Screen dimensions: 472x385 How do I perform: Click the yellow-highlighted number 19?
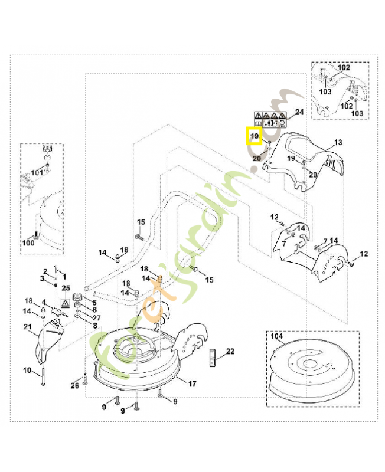click(255, 137)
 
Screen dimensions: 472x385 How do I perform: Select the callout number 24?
click(299, 112)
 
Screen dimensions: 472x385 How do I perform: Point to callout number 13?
click(338, 143)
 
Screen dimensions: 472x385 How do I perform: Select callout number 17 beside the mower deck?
click(192, 383)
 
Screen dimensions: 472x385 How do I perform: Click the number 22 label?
click(230, 352)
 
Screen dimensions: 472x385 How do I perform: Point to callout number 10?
click(27, 371)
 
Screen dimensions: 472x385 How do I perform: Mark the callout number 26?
click(74, 386)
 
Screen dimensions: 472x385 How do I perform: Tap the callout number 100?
click(28, 242)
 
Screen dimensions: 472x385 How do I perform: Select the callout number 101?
click(37, 172)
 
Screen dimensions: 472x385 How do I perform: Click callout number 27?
click(96, 317)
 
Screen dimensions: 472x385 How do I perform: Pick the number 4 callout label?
click(44, 303)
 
